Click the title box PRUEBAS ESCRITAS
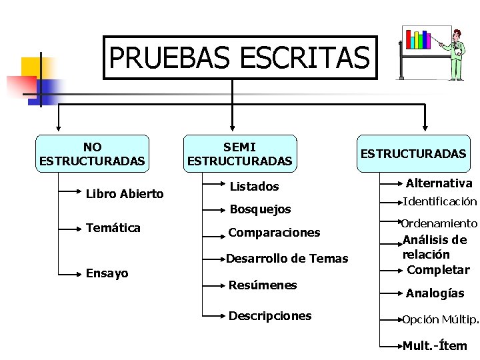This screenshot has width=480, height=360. pyautogui.click(x=239, y=57)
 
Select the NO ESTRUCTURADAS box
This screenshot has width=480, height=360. pyautogui.click(x=92, y=154)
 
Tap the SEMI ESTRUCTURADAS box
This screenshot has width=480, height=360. pyautogui.click(x=239, y=154)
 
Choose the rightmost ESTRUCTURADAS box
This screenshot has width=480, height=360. pyautogui.click(x=413, y=154)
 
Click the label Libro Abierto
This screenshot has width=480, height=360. pyautogui.click(x=125, y=194)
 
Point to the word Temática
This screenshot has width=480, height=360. pyautogui.click(x=113, y=228)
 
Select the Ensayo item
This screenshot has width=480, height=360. pyautogui.click(x=107, y=273)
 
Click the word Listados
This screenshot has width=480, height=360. pyautogui.click(x=254, y=187)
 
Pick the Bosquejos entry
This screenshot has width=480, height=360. pyautogui.click(x=260, y=209)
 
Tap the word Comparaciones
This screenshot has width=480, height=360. pyautogui.click(x=274, y=233)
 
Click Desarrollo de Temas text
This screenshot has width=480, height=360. pyautogui.click(x=287, y=259)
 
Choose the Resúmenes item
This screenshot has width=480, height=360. pyautogui.click(x=263, y=285)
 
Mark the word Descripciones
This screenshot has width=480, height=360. pyautogui.click(x=270, y=316)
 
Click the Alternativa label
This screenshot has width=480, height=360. pyautogui.click(x=439, y=183)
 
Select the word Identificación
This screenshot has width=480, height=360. pyautogui.click(x=440, y=201)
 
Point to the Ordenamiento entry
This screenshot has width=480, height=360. pyautogui.click(x=439, y=223)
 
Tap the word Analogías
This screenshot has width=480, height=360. pyautogui.click(x=435, y=293)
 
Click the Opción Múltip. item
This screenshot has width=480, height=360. pyautogui.click(x=440, y=319)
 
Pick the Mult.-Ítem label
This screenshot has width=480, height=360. pyautogui.click(x=435, y=345)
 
